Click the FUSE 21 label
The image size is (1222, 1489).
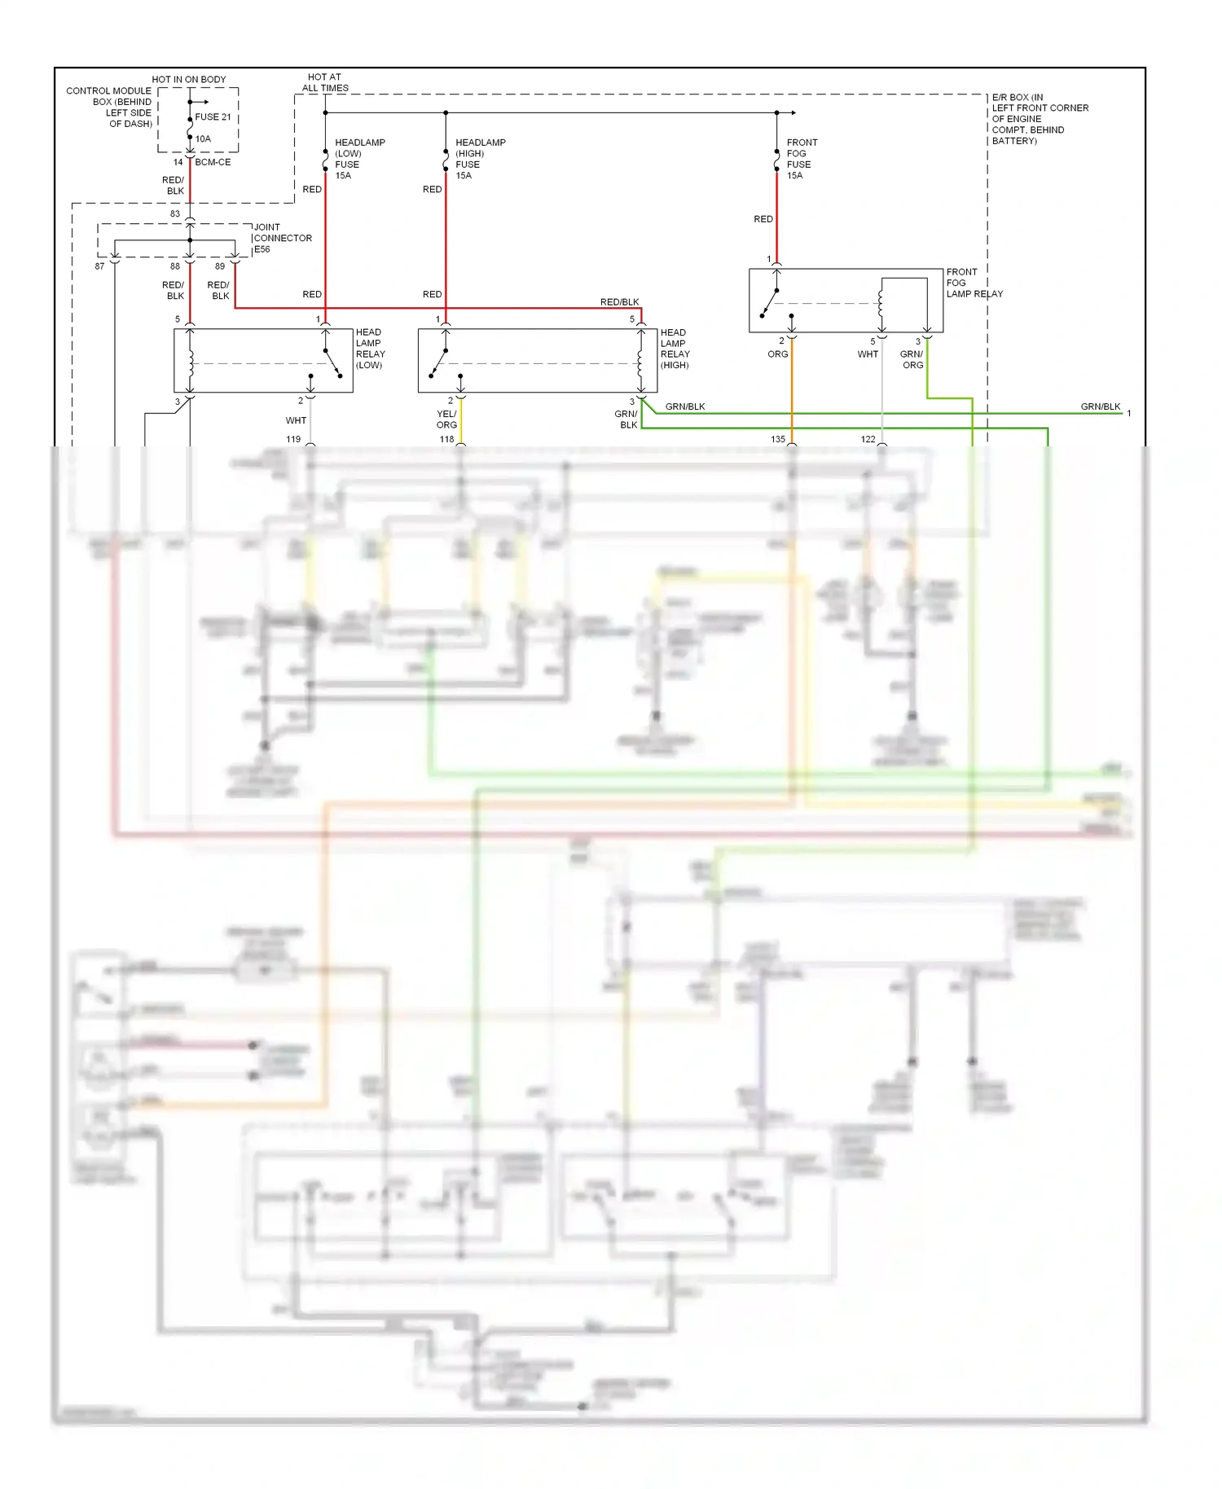pos(213,116)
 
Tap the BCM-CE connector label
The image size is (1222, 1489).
pos(213,162)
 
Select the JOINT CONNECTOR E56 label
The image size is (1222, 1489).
pos(283,238)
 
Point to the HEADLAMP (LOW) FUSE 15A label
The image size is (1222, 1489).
pos(359,159)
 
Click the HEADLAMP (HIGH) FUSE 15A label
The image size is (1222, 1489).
pos(480,159)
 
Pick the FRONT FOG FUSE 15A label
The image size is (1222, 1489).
pos(802,159)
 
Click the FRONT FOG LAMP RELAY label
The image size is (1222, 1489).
pos(974,283)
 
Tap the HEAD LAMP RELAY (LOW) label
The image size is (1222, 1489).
pos(370,349)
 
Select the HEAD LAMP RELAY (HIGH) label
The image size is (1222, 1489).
pos(675,349)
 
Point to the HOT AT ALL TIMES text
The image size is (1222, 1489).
pos(325,82)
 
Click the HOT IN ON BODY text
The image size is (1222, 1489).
pos(188,79)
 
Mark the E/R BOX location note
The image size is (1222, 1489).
pos(1040,119)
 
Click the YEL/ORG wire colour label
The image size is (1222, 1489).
pos(446,419)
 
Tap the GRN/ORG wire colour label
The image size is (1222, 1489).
pos(912,359)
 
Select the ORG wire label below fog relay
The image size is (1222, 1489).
pos(777,354)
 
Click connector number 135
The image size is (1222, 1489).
pos(777,439)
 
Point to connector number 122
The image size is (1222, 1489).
pos(868,439)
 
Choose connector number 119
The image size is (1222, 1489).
pos(293,439)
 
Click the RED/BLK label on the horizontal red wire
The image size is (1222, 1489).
pos(619,302)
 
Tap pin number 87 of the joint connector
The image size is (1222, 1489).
pos(99,266)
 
